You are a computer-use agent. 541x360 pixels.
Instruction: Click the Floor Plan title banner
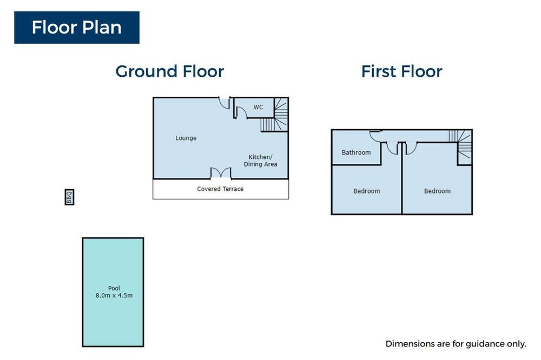(x=77, y=28)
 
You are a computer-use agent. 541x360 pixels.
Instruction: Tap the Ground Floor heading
(x=170, y=72)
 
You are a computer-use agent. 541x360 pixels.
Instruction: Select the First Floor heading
(x=401, y=71)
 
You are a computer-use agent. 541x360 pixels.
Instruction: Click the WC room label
(x=259, y=107)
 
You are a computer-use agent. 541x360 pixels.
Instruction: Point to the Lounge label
(x=186, y=138)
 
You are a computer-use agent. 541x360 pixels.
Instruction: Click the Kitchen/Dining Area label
(x=261, y=161)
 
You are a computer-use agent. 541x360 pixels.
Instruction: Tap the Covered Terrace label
(x=220, y=189)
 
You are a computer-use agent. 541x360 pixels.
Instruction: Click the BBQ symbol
(x=69, y=197)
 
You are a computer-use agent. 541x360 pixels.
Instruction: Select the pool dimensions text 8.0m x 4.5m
(x=114, y=296)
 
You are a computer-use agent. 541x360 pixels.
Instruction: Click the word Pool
(x=114, y=288)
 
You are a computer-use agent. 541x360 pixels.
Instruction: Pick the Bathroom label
(x=356, y=152)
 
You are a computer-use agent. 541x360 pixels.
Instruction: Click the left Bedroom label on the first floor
(x=366, y=191)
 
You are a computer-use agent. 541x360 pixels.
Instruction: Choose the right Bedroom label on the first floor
(x=437, y=191)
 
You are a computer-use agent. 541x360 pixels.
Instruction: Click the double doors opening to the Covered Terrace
(x=221, y=174)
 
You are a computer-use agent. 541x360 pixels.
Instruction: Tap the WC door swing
(x=241, y=112)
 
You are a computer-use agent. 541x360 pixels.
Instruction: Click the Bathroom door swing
(x=375, y=136)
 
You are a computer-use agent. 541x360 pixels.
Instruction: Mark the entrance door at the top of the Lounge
(x=225, y=103)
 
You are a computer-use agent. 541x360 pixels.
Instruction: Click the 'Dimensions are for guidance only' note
(x=456, y=344)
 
